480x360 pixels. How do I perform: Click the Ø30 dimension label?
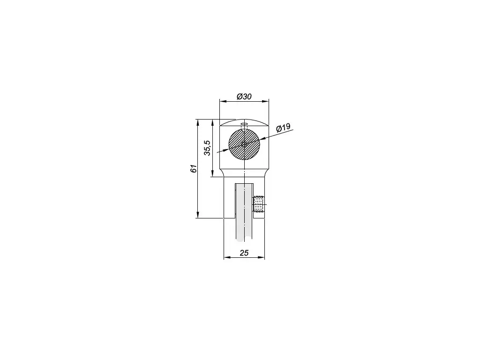[x=244, y=97]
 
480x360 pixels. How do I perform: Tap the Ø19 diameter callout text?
[x=283, y=127]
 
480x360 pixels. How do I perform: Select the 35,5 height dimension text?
[x=208, y=148]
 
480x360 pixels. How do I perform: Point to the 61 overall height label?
[x=194, y=169]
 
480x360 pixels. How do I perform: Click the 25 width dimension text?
[x=244, y=253]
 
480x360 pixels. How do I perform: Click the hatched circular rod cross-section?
[x=244, y=144]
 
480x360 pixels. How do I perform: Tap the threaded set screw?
[x=259, y=204]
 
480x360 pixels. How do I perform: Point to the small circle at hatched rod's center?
[x=244, y=144]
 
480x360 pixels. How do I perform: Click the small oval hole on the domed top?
[x=244, y=124]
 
